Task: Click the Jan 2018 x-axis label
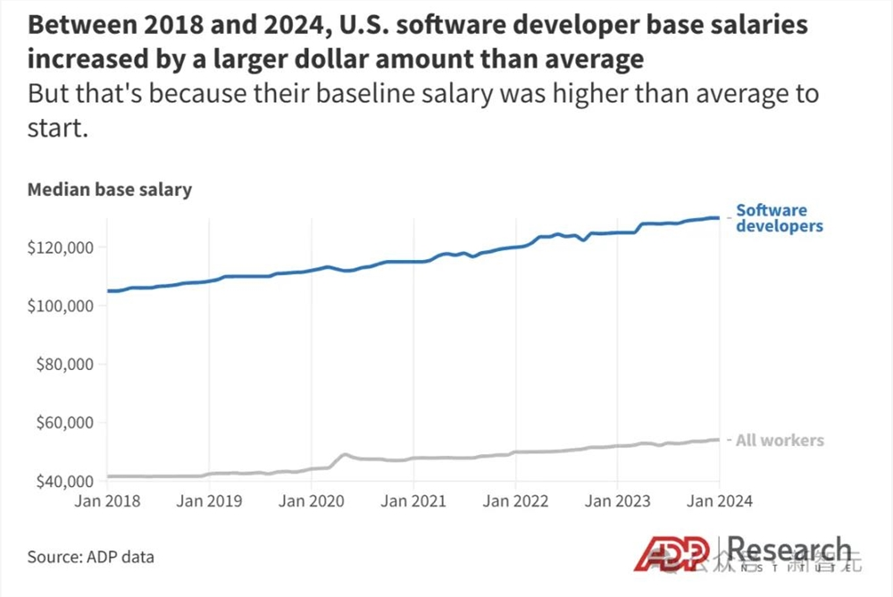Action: click(107, 502)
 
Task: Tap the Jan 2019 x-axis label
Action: click(209, 502)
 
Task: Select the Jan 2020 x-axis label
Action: click(311, 502)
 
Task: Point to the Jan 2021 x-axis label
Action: click(413, 502)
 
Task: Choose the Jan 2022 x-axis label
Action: click(514, 502)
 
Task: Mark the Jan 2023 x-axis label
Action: click(616, 502)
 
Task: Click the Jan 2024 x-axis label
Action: click(719, 502)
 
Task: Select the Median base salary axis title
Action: click(110, 190)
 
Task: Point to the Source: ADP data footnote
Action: click(90, 557)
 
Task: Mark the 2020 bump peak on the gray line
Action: click(346, 454)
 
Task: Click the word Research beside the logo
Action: click(789, 550)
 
